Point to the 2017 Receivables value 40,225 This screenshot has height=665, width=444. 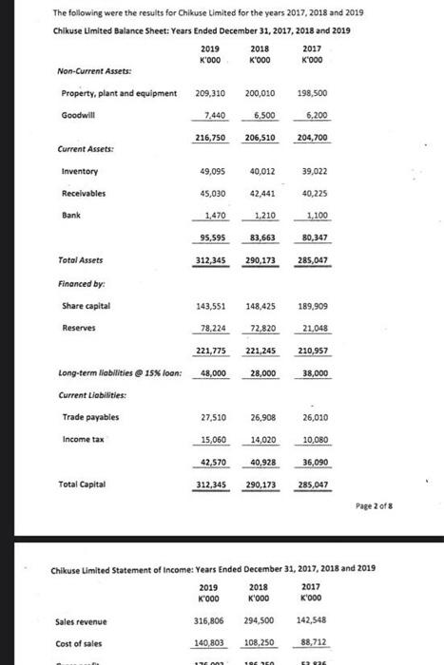(314, 193)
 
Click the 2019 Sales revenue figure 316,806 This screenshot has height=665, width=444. (209, 622)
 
